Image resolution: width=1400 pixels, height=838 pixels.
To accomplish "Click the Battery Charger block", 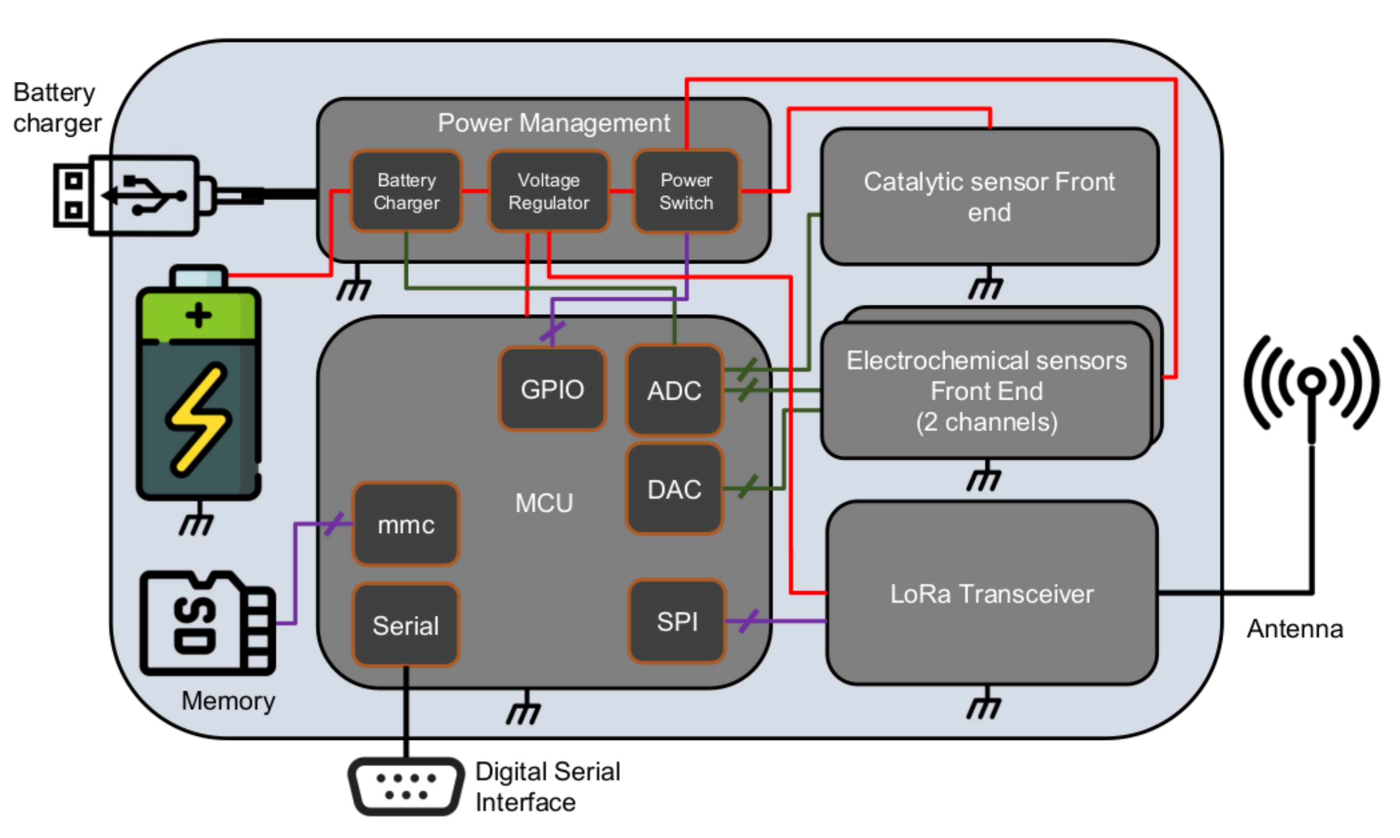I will [406, 191].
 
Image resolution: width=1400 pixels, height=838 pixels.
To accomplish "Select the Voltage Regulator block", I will [549, 191].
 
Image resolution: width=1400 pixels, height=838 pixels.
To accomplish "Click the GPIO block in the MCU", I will [552, 389].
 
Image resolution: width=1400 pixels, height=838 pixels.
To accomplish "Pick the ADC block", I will [675, 390].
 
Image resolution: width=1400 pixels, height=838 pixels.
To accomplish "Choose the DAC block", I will [675, 489].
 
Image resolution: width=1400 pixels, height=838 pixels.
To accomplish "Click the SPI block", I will [677, 621].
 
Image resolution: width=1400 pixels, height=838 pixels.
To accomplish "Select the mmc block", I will [406, 524].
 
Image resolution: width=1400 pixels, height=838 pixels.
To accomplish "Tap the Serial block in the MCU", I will [406, 625].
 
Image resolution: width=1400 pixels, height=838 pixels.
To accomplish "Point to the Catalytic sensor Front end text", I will [989, 197].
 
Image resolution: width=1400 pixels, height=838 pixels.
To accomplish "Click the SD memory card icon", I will [207, 624].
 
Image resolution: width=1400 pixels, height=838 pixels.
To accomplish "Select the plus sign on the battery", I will [198, 315].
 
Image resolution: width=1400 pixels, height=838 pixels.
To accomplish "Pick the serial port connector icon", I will [406, 786].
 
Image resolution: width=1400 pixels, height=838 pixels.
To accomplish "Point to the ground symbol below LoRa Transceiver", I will [983, 706].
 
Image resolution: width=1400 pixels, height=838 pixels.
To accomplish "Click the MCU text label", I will [543, 503].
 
